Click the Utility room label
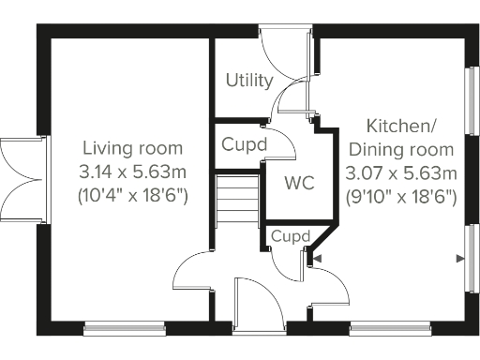click(249, 81)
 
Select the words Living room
click(132, 148)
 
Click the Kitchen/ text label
click(400, 127)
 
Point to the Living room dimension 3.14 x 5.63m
click(132, 172)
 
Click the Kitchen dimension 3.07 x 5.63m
click(400, 172)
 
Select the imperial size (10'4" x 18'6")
click(132, 196)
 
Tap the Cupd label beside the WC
click(244, 145)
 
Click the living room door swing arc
click(192, 272)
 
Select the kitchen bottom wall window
click(390, 328)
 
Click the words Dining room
click(400, 149)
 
